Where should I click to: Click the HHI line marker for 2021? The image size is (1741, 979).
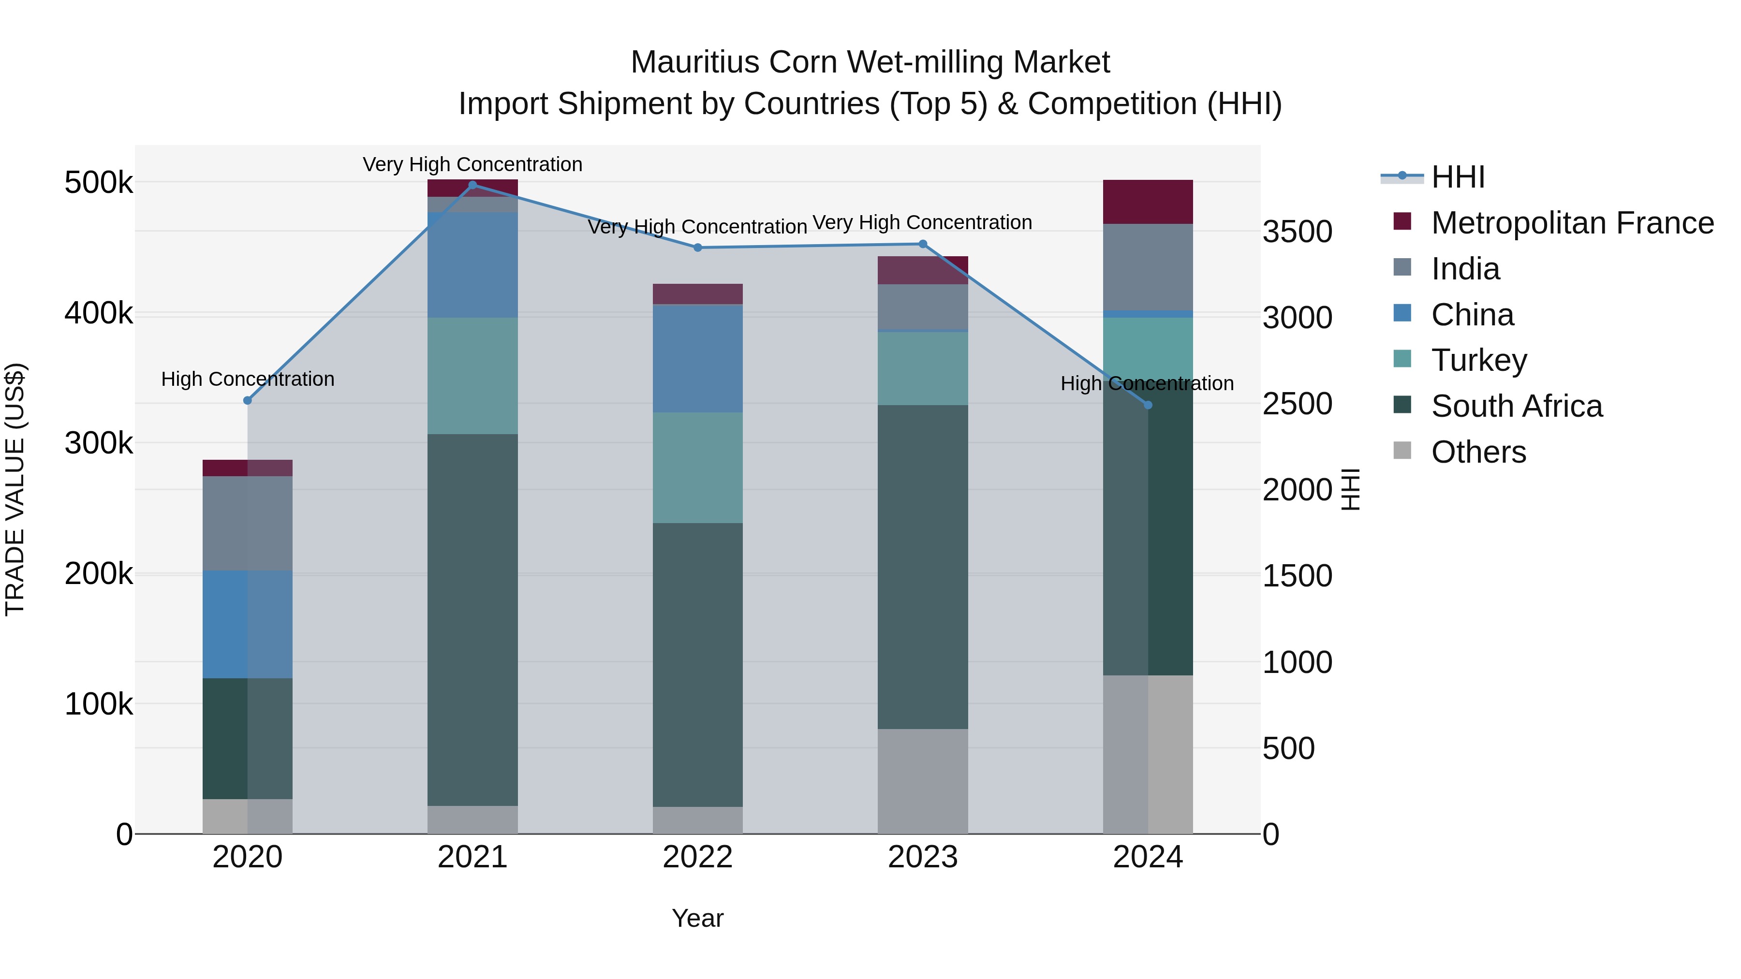(472, 185)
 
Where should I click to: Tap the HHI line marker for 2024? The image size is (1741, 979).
(1148, 405)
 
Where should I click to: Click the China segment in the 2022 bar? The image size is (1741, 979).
(697, 358)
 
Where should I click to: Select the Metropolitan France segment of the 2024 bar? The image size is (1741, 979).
(1148, 201)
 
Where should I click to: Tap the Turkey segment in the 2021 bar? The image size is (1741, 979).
(472, 375)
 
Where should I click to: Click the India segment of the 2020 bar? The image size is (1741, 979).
(247, 523)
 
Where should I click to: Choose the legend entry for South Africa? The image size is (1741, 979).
(1516, 406)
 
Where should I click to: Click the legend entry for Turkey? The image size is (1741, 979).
(1479, 360)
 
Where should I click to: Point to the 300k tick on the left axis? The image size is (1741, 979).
(99, 444)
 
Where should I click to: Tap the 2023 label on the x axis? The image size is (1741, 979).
(923, 857)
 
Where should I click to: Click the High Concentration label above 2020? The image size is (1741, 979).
(247, 379)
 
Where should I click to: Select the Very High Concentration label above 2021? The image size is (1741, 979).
(472, 164)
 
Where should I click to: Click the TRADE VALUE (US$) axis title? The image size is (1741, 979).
(15, 489)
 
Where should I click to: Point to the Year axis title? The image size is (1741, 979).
(697, 918)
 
